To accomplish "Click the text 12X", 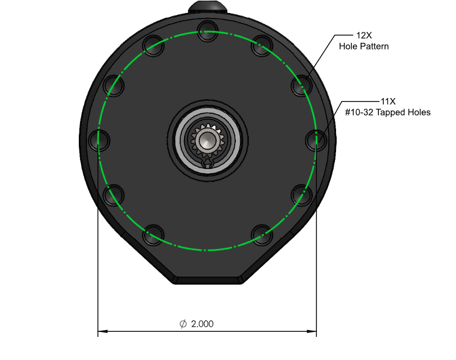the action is (364, 35).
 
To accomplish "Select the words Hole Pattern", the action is (364, 46).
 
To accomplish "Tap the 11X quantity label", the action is (388, 101).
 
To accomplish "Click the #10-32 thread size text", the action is (359, 112).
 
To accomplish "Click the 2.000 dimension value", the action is (203, 324).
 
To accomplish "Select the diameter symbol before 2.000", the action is (183, 323).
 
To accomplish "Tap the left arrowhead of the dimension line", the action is (102, 331).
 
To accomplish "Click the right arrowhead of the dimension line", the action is (312, 331).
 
